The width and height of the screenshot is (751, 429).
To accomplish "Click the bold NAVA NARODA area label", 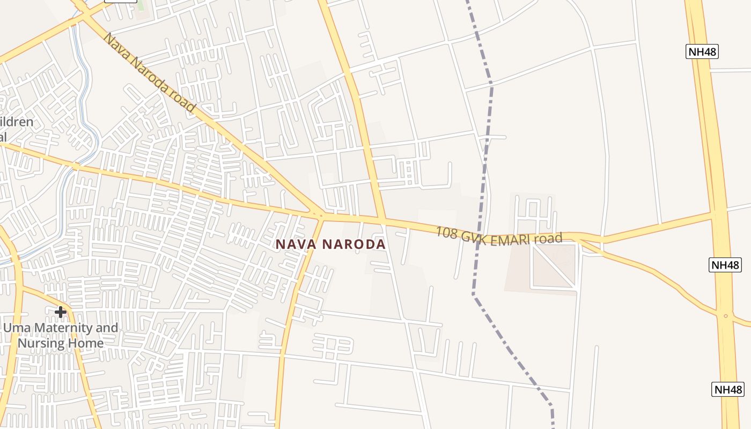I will pyautogui.click(x=330, y=245).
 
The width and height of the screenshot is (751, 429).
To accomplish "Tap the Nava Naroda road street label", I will pyautogui.click(x=149, y=72).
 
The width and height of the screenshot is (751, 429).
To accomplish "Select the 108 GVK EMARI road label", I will pyautogui.click(x=498, y=236).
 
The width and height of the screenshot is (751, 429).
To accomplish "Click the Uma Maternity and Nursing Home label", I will pyautogui.click(x=61, y=335).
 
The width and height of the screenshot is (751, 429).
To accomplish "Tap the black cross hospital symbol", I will pyautogui.click(x=61, y=312).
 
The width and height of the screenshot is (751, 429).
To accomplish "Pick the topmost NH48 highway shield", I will pyautogui.click(x=702, y=52).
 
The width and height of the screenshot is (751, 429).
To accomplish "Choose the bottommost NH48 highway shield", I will pyautogui.click(x=728, y=389).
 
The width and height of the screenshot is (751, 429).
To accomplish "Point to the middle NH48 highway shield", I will pyautogui.click(x=725, y=265).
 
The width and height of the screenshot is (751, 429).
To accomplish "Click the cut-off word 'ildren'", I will pyautogui.click(x=16, y=122).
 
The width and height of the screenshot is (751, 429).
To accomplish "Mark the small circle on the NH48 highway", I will pyautogui.click(x=725, y=316).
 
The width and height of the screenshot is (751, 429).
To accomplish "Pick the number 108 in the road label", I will pyautogui.click(x=446, y=232).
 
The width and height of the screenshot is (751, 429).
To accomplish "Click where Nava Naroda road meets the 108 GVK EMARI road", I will pyautogui.click(x=321, y=216).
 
